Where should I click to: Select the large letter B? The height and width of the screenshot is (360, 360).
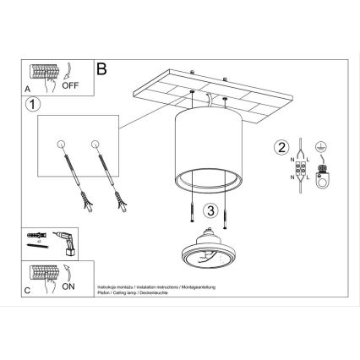point(102,67)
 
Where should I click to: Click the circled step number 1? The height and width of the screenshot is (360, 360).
point(31,106)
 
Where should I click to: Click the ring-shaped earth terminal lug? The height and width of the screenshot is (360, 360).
point(321,177)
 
